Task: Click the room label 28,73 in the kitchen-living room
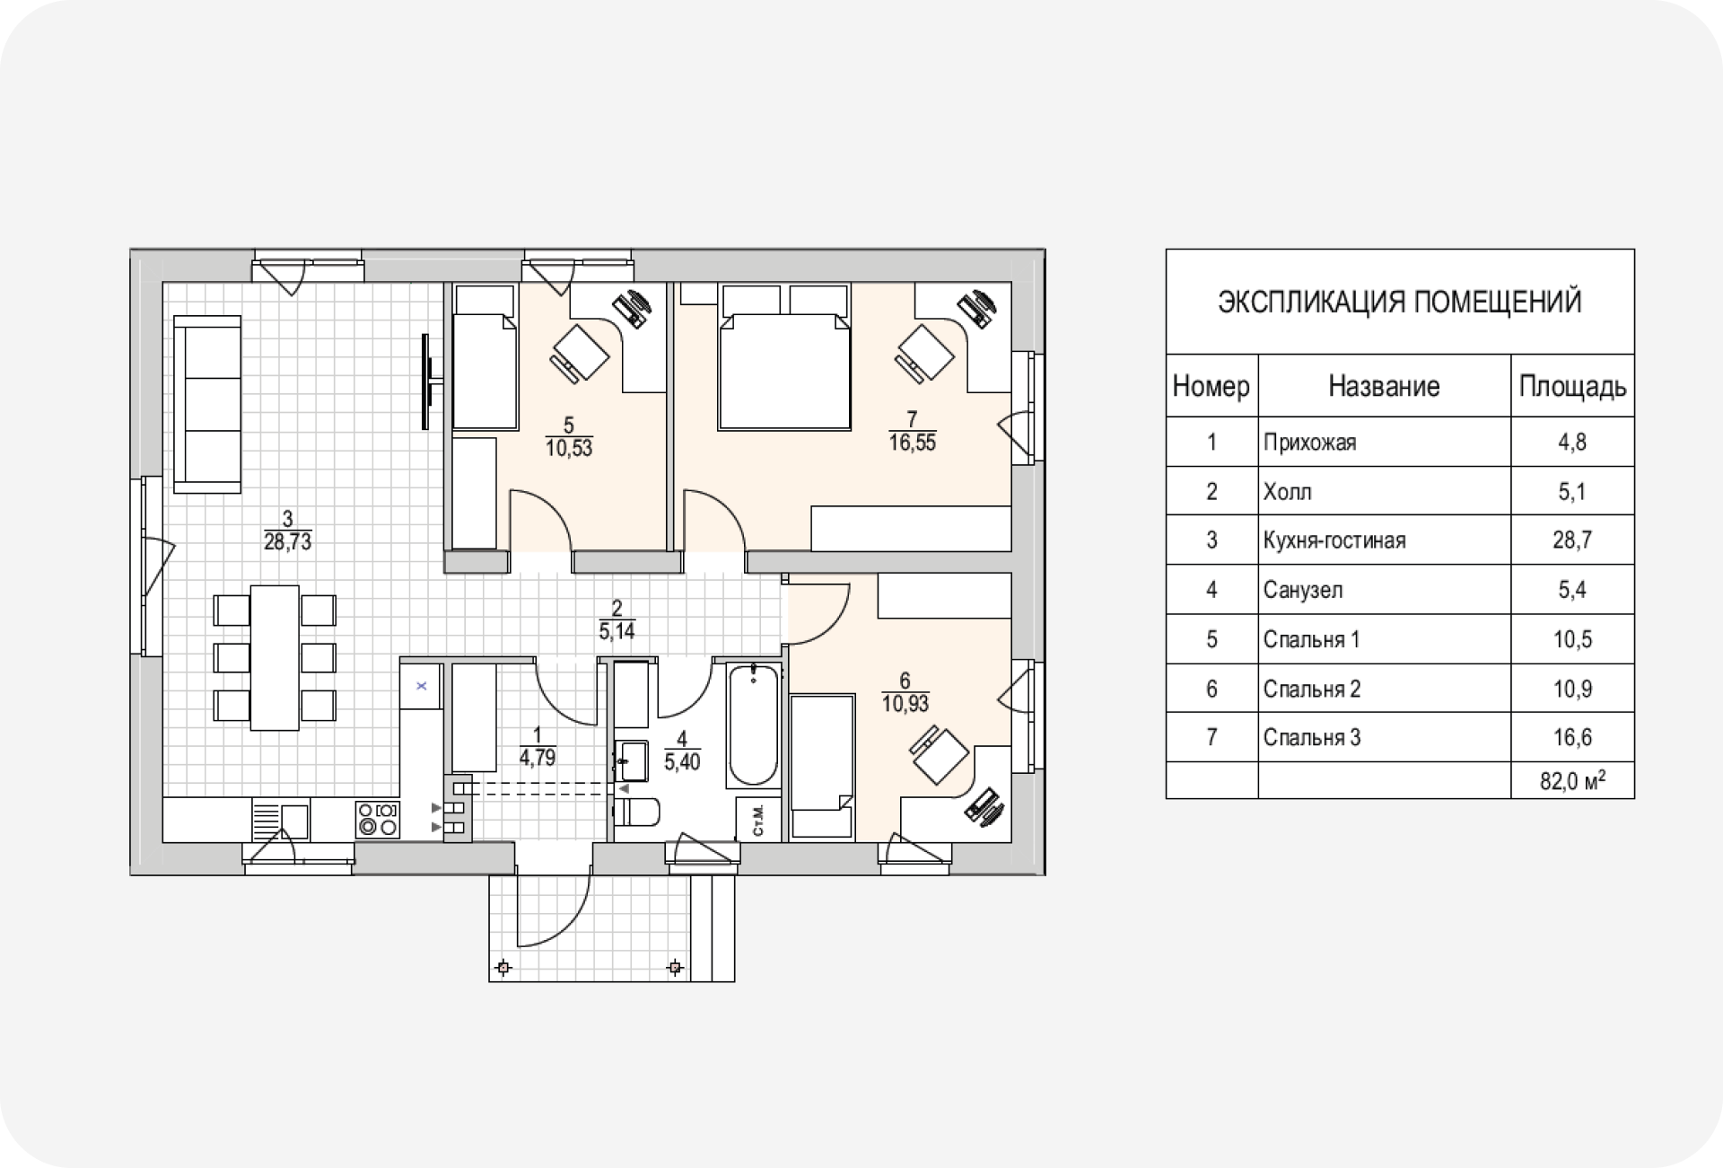click(x=287, y=541)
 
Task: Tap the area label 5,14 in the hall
click(x=617, y=631)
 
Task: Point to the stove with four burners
click(x=378, y=820)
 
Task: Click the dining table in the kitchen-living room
click(x=275, y=657)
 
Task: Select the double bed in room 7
click(x=783, y=371)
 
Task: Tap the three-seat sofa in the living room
click(x=207, y=404)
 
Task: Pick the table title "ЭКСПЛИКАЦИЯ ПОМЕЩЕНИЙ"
click(x=1399, y=303)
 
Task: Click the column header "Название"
click(x=1384, y=386)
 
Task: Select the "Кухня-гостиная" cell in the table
click(x=1334, y=540)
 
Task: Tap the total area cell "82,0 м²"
click(x=1572, y=781)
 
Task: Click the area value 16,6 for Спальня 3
click(x=1572, y=738)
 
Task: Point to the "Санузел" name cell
click(x=1303, y=590)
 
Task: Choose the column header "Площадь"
click(x=1572, y=386)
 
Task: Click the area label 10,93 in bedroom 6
click(x=905, y=704)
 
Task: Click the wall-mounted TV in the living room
click(x=429, y=382)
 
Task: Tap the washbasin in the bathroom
click(x=634, y=760)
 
